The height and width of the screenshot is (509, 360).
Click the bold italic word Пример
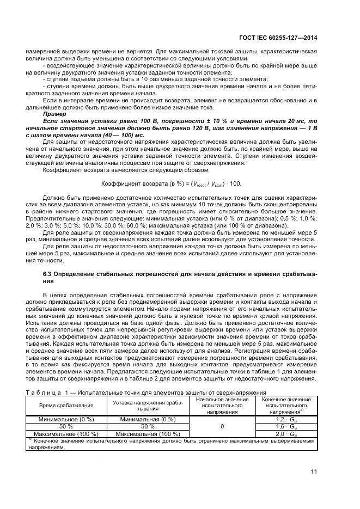53,114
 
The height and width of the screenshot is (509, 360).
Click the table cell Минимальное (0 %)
66,420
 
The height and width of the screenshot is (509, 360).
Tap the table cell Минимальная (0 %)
147,420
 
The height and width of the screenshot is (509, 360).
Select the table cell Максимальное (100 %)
66,434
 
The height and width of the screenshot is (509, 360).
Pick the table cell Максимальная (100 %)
147,434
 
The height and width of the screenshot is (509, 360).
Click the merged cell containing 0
221,427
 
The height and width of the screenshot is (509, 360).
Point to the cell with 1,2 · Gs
286,420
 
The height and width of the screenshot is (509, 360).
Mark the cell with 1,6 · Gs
286,427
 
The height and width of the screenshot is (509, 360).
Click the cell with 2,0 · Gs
286,434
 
